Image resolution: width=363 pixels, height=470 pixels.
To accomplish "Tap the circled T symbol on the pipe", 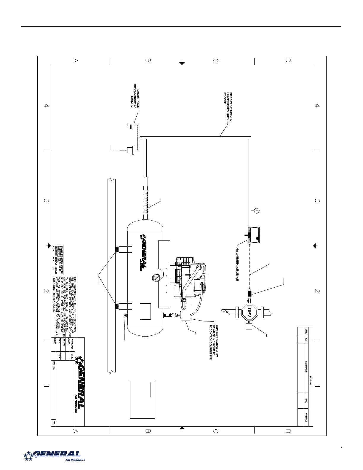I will click(257, 211).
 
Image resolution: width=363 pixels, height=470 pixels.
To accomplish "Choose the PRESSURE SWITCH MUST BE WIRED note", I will click(213, 340).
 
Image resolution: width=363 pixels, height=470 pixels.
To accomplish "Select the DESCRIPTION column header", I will click(306, 368).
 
